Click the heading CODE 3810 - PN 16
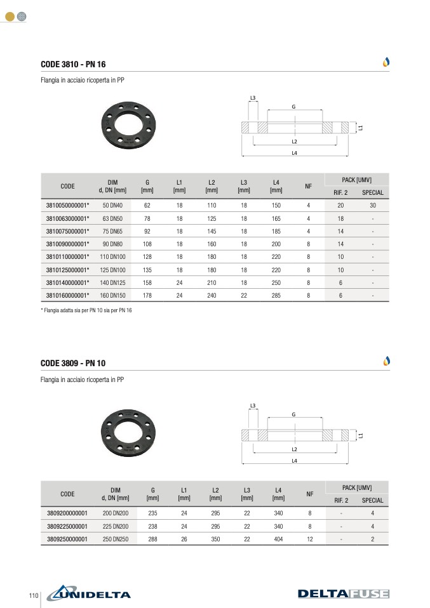click(x=73, y=65)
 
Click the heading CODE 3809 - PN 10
click(x=73, y=364)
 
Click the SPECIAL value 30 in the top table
click(x=373, y=206)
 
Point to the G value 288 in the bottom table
click(x=152, y=539)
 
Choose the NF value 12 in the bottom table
click(x=310, y=539)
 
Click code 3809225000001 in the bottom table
click(x=67, y=526)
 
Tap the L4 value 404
click(x=278, y=539)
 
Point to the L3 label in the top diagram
click(x=253, y=98)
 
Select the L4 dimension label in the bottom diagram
click(x=295, y=461)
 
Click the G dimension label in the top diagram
click(x=293, y=107)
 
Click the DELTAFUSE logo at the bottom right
click(x=343, y=594)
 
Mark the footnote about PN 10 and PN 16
click(x=86, y=310)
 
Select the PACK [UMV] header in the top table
click(x=356, y=180)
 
